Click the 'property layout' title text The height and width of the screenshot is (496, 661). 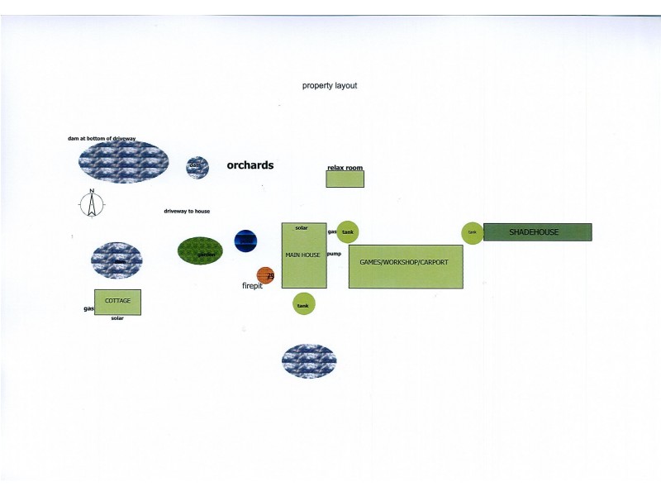point(330,86)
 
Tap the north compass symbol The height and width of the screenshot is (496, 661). point(93,203)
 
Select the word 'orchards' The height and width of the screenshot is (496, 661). point(250,165)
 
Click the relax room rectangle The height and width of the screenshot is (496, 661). point(345,178)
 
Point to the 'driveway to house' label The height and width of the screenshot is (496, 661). point(187,212)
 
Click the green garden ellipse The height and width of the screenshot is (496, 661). point(200,250)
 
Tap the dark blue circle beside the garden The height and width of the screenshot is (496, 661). point(245,241)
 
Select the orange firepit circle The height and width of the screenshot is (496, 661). point(265,275)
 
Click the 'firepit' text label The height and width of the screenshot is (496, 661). point(252,286)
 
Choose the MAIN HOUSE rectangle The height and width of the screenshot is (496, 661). point(303,255)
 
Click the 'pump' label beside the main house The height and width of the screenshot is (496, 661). point(334,254)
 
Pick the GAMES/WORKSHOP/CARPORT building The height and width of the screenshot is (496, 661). point(405,266)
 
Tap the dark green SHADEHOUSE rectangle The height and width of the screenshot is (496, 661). point(538,232)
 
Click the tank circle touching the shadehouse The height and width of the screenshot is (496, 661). point(472,233)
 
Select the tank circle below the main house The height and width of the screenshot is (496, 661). point(303,304)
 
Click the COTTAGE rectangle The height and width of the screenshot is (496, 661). point(117,302)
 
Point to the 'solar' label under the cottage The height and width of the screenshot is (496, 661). point(117,318)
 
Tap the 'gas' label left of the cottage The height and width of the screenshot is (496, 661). point(88,309)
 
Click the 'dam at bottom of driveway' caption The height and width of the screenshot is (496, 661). point(102,139)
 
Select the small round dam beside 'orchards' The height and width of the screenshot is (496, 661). point(197,167)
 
